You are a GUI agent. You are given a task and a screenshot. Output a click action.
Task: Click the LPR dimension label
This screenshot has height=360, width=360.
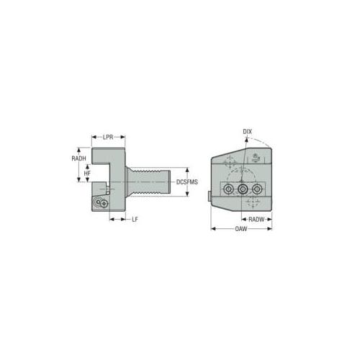click(x=108, y=137)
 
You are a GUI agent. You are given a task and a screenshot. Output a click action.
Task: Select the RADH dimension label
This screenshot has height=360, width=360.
click(x=78, y=158)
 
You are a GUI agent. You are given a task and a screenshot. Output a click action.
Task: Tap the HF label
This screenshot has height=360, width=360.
click(x=87, y=173)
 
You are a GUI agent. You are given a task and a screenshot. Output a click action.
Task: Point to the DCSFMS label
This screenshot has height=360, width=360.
click(x=187, y=182)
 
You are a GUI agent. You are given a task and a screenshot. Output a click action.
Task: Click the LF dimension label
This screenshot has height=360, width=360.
click(x=135, y=219)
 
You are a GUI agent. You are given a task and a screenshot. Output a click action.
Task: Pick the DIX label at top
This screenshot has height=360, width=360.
click(x=248, y=132)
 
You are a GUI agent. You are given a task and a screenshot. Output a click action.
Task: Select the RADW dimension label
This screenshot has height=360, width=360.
click(x=256, y=219)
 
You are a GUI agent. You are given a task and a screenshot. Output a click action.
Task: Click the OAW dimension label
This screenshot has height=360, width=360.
click(x=241, y=229)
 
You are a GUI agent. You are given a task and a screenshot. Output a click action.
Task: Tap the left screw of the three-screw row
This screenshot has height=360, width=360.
click(x=228, y=189)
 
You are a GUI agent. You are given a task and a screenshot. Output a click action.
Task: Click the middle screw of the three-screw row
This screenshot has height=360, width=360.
click(x=243, y=189)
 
